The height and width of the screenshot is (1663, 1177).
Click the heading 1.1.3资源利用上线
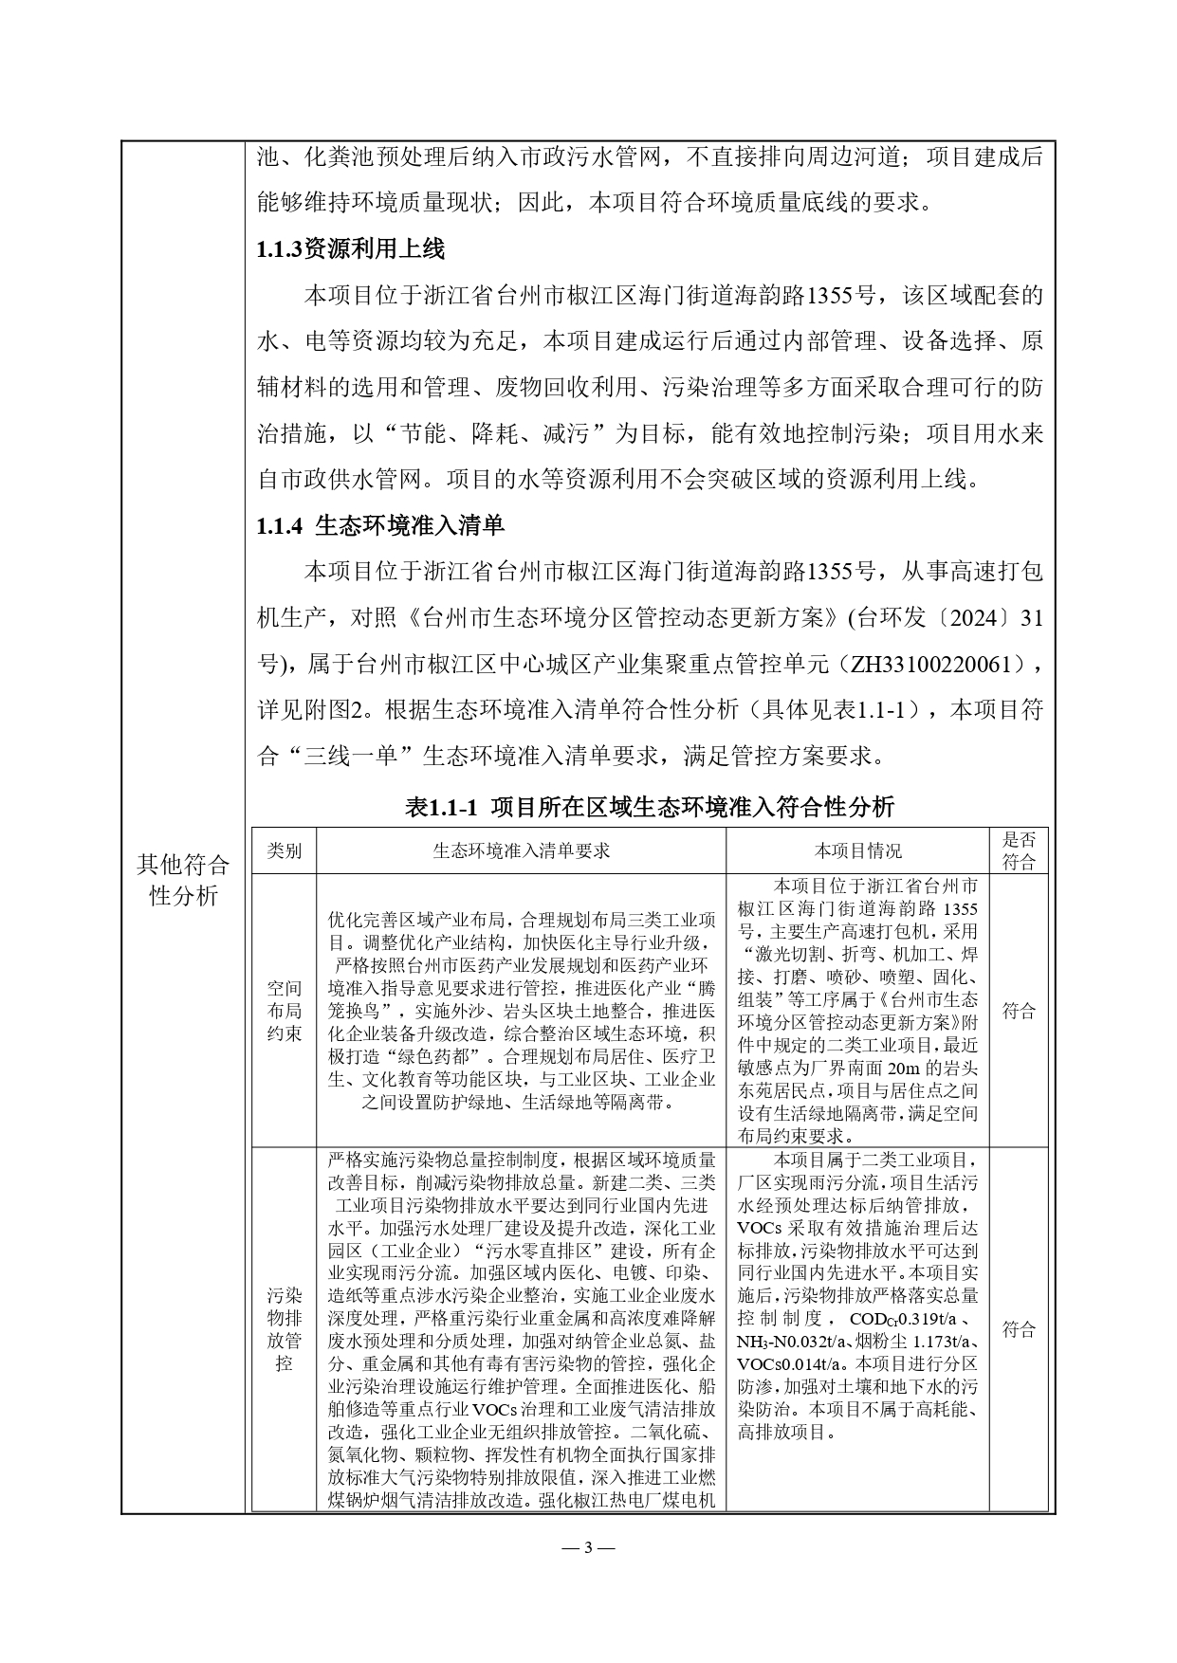click(350, 249)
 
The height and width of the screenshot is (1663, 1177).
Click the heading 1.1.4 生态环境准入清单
click(380, 526)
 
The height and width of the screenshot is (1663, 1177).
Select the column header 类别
click(284, 850)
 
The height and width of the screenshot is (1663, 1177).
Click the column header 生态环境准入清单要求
click(521, 850)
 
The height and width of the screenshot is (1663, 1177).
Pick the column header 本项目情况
click(857, 850)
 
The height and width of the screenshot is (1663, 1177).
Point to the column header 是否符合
click(1019, 850)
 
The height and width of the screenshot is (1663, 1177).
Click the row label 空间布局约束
click(284, 1011)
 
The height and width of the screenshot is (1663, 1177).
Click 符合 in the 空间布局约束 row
click(1019, 1011)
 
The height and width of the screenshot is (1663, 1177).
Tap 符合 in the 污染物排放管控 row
click(1019, 1329)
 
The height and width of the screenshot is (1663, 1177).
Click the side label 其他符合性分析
click(183, 880)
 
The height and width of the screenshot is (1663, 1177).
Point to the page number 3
click(588, 1548)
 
